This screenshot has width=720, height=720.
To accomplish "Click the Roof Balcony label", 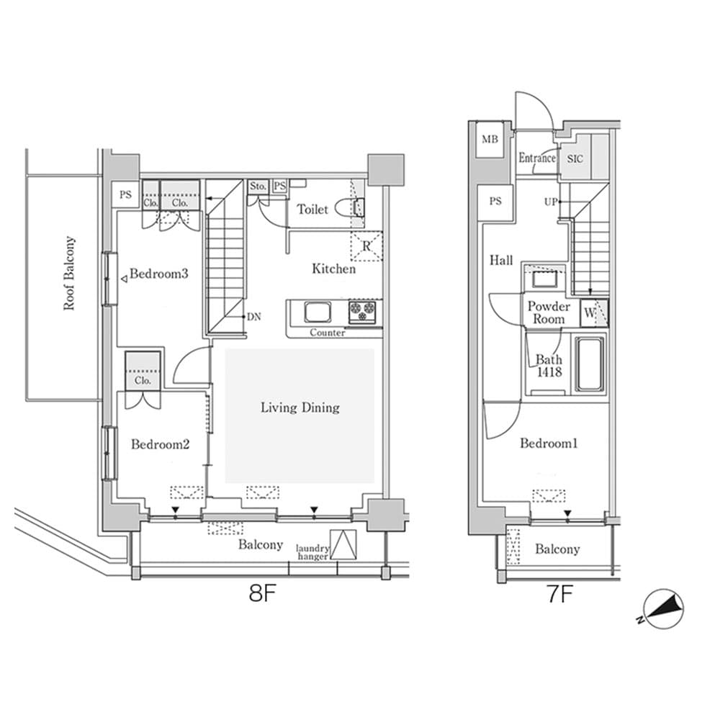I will tap(69, 274).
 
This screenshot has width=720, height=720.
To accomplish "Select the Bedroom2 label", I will tap(160, 445).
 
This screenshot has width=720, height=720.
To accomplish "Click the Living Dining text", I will tap(300, 408).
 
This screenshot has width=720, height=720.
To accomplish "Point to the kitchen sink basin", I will tap(316, 312).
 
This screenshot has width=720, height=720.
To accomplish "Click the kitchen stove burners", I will tap(364, 312).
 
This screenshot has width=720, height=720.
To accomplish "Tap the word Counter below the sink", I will tap(328, 333).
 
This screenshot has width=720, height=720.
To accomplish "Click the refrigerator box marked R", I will tap(366, 246).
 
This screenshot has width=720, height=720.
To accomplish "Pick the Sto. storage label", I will tap(258, 186).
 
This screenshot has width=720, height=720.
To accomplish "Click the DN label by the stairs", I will tap(253, 316).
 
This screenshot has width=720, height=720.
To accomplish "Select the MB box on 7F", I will tap(490, 138).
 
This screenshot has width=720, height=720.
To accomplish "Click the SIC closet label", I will tap(576, 158).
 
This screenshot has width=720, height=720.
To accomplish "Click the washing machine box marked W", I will tap(592, 312).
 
